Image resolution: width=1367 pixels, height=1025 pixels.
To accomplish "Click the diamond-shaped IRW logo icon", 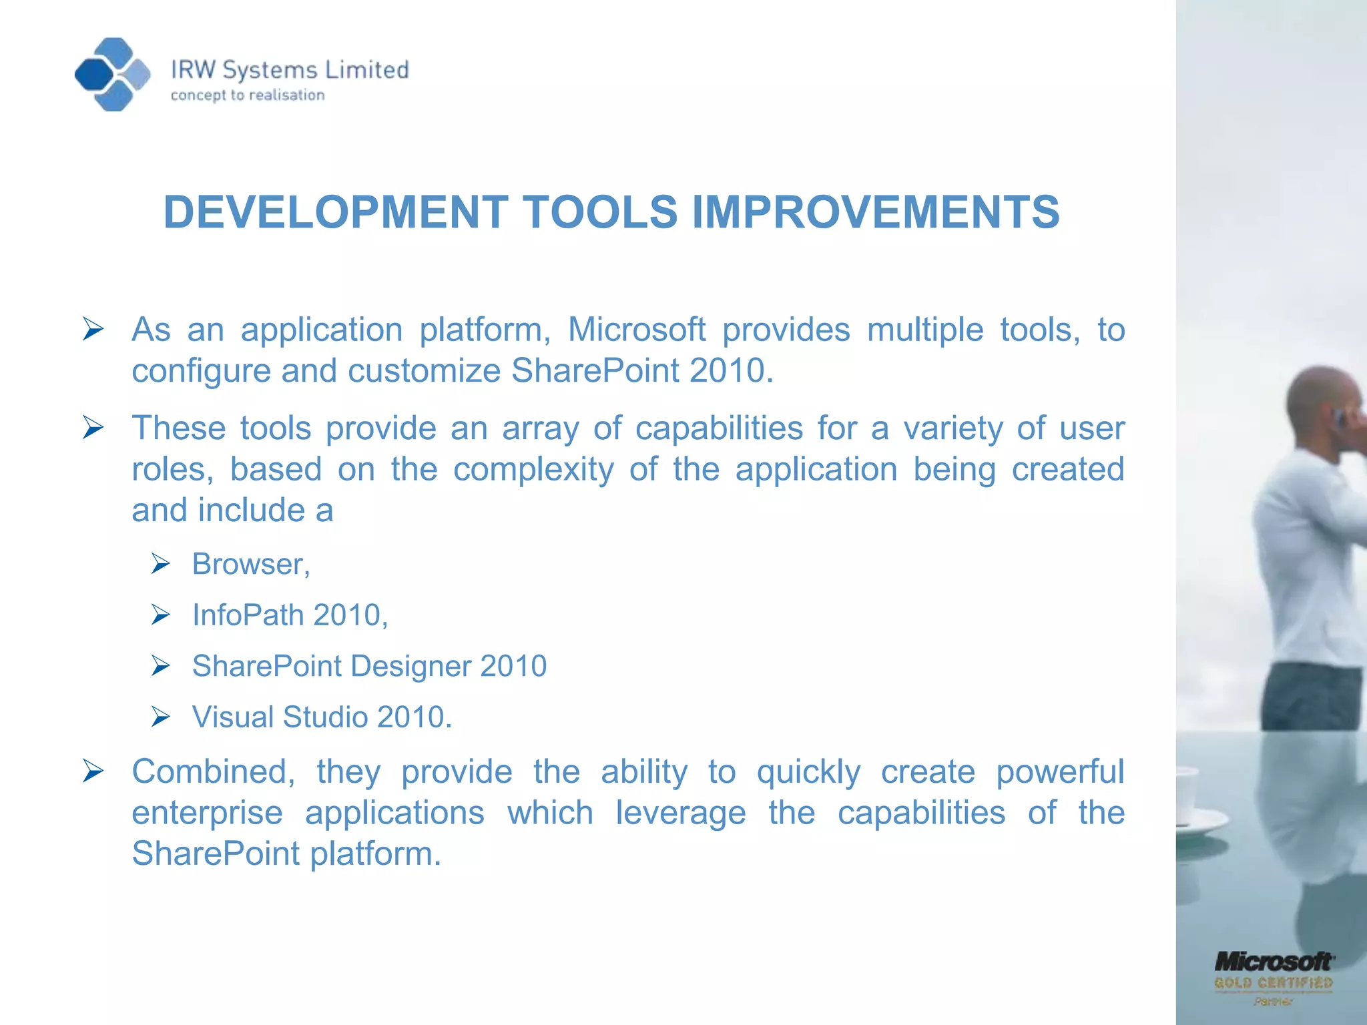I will (x=112, y=74).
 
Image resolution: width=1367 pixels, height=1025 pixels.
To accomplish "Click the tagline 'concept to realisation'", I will (x=248, y=95).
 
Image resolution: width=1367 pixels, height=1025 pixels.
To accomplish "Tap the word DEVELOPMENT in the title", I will (x=336, y=212).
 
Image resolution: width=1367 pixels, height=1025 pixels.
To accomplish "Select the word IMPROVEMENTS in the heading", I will (x=875, y=212).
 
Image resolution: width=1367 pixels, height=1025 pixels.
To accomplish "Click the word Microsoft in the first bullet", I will (x=636, y=330).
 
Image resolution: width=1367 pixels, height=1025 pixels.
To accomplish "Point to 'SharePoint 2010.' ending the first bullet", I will (x=642, y=370).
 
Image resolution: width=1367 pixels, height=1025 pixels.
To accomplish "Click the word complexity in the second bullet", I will (x=533, y=469).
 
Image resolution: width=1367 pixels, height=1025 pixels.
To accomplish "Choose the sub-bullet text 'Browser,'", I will (x=251, y=565).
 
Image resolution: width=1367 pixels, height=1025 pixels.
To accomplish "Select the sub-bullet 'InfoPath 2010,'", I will (x=290, y=615).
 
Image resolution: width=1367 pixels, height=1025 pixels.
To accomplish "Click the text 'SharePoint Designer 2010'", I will (x=369, y=666).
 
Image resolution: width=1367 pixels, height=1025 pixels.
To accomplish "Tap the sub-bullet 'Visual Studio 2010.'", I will (x=322, y=717).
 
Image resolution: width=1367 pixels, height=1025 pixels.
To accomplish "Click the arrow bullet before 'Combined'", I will (x=93, y=772).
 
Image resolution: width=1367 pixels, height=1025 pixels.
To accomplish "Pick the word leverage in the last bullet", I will (x=680, y=813).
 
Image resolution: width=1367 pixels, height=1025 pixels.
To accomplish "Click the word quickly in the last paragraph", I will (x=808, y=772).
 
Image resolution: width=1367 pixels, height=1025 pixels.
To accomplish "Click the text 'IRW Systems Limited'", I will (x=290, y=70).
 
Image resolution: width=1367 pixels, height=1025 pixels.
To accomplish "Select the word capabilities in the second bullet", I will (x=719, y=428).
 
